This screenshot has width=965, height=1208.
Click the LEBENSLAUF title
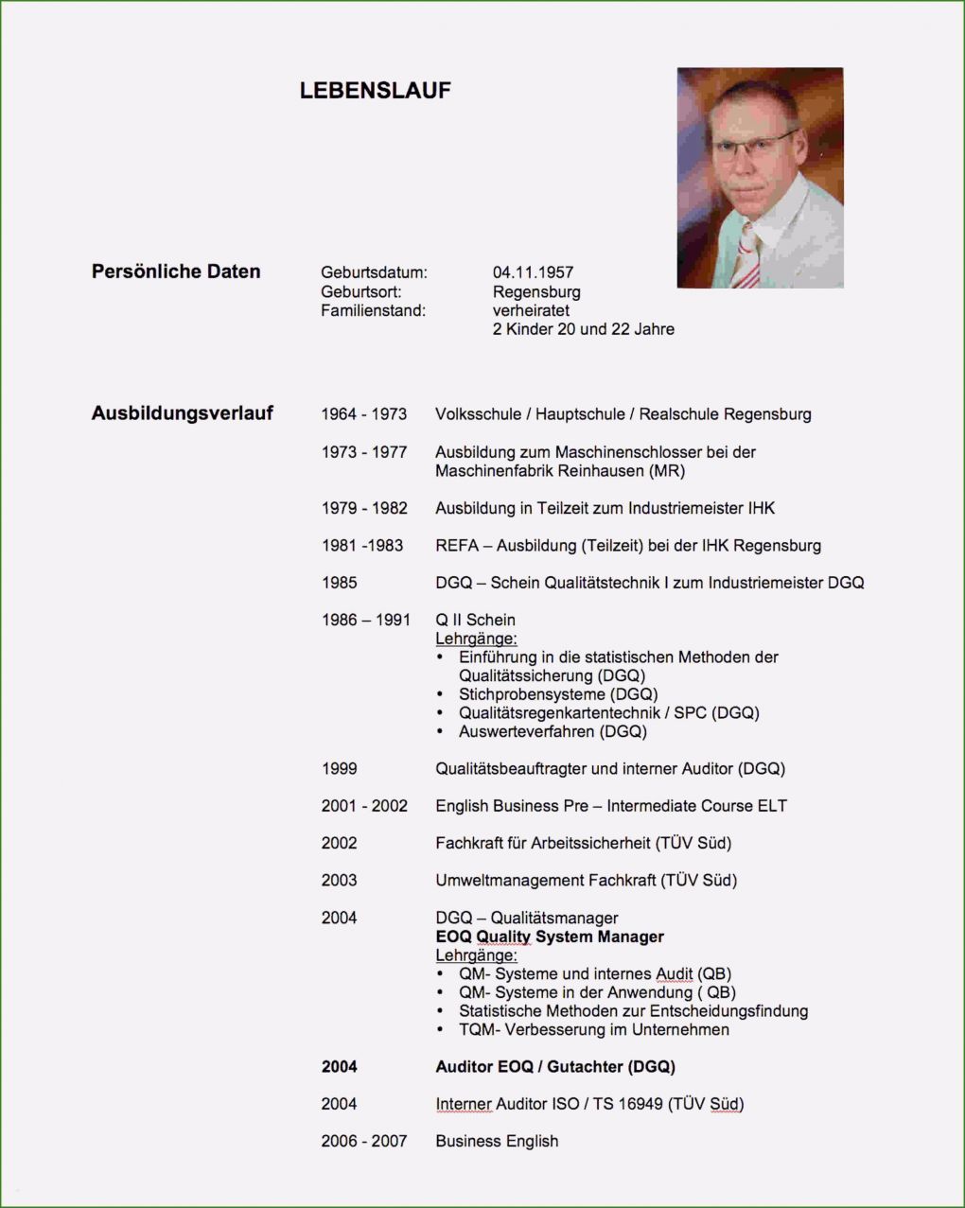[x=375, y=91]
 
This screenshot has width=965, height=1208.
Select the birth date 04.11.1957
[x=533, y=272]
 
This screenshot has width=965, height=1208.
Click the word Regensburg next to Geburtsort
[x=536, y=291]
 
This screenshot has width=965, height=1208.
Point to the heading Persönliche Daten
[x=176, y=271]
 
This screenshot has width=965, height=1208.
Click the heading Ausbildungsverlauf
[x=182, y=413]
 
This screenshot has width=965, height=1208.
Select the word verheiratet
[x=531, y=310]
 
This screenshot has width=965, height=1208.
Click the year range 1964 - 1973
[x=363, y=414]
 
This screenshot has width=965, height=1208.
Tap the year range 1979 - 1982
[x=363, y=508]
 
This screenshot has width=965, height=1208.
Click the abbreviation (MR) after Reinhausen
[x=667, y=470]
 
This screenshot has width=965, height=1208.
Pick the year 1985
[x=339, y=583]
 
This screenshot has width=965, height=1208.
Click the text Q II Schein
[x=475, y=620]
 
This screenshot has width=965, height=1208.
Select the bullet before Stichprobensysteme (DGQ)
[x=440, y=694]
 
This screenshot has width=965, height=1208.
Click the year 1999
[x=339, y=769]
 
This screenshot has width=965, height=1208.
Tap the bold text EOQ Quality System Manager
[x=550, y=937]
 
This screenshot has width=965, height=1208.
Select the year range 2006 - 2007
[x=363, y=1141]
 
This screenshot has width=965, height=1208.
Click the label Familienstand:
[x=373, y=310]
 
